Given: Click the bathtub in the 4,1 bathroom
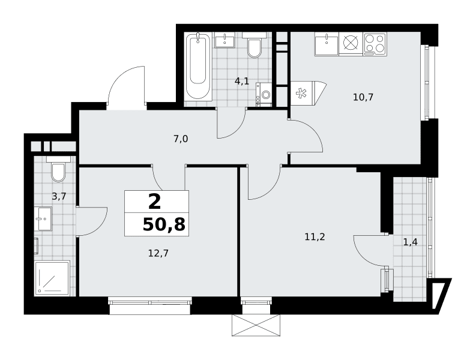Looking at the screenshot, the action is [198, 67].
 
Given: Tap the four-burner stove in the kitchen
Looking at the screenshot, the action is [375, 44].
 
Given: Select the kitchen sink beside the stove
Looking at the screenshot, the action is [327, 44].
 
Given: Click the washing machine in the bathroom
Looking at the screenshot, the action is [264, 94].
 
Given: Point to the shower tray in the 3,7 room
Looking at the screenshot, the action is [52, 278].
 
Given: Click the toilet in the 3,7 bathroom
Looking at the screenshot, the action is [58, 169].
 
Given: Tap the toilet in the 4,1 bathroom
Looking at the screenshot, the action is [255, 45].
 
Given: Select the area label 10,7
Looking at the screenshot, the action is [363, 97].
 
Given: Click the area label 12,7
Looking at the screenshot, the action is [158, 253].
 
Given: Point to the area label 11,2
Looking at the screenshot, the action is [315, 237].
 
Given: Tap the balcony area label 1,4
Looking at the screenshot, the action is [410, 242].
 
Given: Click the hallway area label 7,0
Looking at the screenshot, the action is [181, 139].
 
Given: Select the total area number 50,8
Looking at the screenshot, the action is [164, 225].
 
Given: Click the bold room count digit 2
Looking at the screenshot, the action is [154, 202].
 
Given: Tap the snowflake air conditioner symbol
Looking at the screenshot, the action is [301, 94].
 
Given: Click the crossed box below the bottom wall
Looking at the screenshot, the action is [256, 325].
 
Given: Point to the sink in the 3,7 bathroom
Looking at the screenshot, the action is [43, 218].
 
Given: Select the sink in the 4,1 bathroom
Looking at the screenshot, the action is [224, 40].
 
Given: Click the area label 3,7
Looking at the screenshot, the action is [59, 197].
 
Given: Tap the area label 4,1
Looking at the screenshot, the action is [242, 81].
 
